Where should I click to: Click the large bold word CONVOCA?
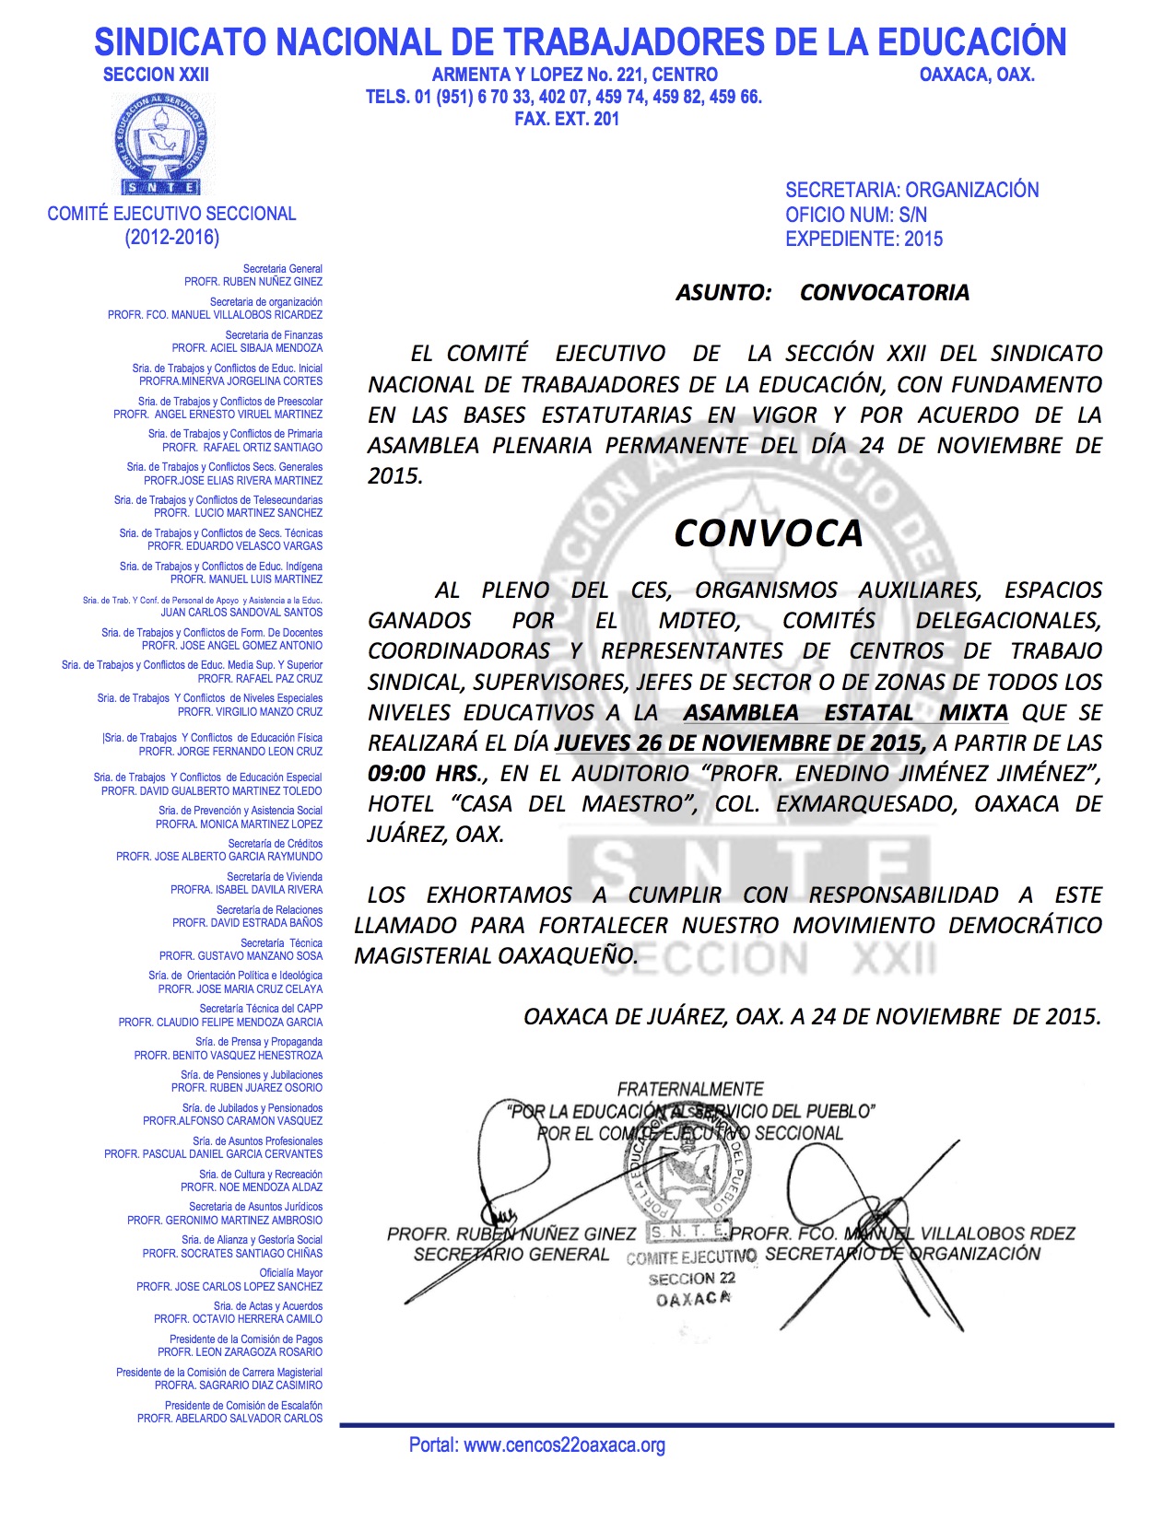tap(769, 533)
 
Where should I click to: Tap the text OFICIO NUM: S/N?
tap(856, 215)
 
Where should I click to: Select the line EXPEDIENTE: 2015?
tap(864, 239)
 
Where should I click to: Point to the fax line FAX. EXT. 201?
tap(567, 119)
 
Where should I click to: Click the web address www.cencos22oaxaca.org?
tap(564, 1445)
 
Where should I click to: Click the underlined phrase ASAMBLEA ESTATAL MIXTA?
tap(845, 712)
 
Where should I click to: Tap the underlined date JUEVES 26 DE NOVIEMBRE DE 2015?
tap(740, 742)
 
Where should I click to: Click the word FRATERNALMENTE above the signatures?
tap(690, 1089)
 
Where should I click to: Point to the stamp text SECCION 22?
tap(691, 1279)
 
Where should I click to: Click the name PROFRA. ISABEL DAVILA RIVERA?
tap(246, 890)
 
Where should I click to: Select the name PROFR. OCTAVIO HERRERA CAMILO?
tap(238, 1319)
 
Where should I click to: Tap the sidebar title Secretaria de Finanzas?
tap(274, 335)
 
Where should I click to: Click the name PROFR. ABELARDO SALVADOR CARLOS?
tap(229, 1419)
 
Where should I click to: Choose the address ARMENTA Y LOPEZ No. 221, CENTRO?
tap(574, 75)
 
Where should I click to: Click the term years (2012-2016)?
tap(172, 238)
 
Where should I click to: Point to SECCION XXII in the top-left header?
tap(156, 75)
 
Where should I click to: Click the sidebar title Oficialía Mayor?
tap(290, 1273)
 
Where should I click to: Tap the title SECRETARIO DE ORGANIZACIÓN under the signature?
tap(902, 1254)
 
